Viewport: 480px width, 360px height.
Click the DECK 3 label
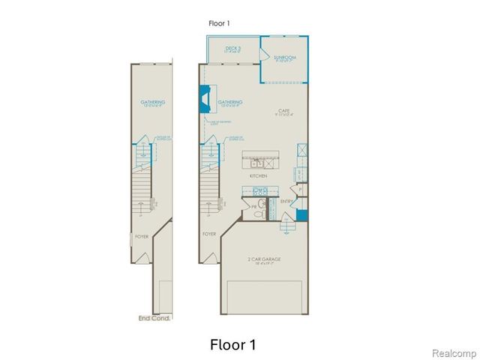(x=232, y=49)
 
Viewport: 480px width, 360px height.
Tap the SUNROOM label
(x=285, y=57)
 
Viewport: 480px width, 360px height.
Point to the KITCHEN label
(x=259, y=175)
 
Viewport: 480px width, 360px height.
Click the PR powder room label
(x=253, y=205)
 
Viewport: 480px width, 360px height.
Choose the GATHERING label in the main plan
(x=230, y=103)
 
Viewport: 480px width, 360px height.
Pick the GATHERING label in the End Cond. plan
(x=153, y=103)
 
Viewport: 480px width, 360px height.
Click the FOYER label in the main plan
(x=209, y=234)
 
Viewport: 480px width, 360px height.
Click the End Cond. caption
(x=155, y=318)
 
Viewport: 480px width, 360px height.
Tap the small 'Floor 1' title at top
(x=220, y=23)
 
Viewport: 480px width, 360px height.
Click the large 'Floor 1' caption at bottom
(x=233, y=345)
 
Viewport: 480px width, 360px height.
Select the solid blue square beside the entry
(x=301, y=215)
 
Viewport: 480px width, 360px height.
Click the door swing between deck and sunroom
(x=267, y=54)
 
